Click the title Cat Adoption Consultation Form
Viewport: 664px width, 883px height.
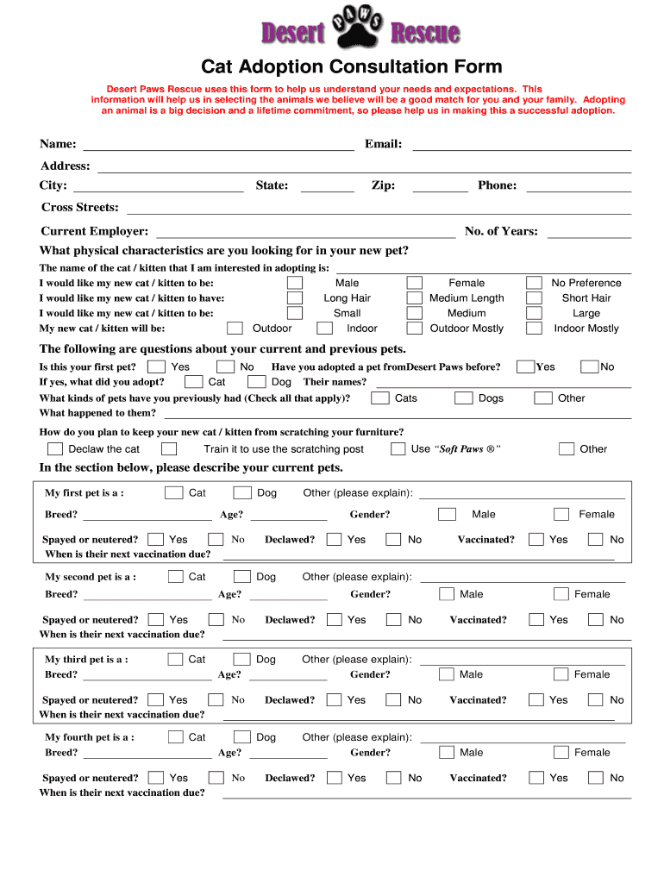click(x=351, y=67)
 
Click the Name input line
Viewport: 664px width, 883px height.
click(x=217, y=145)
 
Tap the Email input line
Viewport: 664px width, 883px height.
click(x=522, y=145)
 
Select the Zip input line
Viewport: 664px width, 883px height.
click(x=440, y=186)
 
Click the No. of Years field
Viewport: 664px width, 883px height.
click(x=589, y=232)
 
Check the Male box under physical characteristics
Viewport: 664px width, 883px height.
click(x=295, y=283)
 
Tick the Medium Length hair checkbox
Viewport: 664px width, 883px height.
click(x=415, y=298)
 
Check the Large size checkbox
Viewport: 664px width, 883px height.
click(x=535, y=313)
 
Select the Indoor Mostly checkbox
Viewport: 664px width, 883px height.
click(x=535, y=329)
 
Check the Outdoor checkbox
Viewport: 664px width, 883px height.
click(x=235, y=329)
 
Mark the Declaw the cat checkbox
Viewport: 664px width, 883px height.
click(x=55, y=449)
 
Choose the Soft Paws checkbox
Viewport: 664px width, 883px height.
click(x=398, y=449)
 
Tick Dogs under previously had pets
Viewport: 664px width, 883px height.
click(x=464, y=398)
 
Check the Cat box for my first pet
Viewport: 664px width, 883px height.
click(x=173, y=493)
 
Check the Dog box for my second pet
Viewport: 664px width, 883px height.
click(x=242, y=577)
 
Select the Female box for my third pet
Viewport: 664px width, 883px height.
click(x=561, y=674)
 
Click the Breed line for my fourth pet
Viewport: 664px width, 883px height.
click(x=147, y=754)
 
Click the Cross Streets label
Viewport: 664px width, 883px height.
click(x=80, y=208)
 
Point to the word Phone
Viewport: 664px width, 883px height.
click(x=497, y=185)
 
